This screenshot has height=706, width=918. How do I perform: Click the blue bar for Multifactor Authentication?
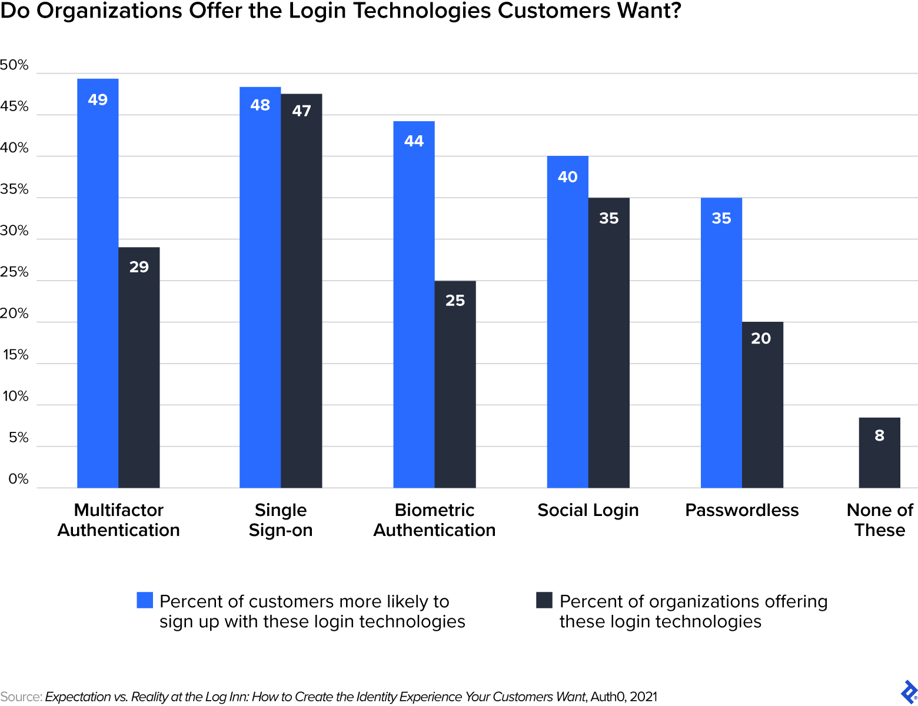(98, 283)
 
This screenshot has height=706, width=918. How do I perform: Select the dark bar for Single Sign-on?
(301, 291)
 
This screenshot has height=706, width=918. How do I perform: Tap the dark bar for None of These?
(879, 452)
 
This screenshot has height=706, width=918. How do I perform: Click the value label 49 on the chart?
(98, 99)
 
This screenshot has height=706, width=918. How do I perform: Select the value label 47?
(301, 111)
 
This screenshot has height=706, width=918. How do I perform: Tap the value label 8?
(879, 435)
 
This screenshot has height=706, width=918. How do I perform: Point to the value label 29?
(139, 267)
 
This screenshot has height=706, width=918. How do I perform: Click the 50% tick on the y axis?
(14, 65)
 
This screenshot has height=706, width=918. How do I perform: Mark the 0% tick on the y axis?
(18, 479)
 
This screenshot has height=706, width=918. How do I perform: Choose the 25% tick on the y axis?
(14, 272)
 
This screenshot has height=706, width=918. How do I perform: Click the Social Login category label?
(588, 510)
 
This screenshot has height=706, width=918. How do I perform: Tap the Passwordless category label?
(741, 510)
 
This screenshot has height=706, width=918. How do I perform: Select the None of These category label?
(879, 520)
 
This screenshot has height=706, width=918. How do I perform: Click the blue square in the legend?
(145, 600)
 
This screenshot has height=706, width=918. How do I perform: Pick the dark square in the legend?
(544, 600)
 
